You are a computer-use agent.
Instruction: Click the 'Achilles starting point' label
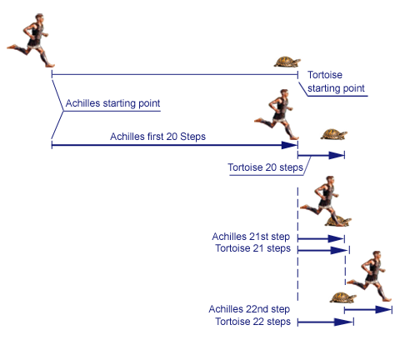click(112, 103)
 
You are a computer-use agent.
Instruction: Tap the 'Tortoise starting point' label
click(336, 82)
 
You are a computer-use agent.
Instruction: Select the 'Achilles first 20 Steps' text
click(157, 137)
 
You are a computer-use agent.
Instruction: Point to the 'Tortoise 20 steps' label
click(265, 167)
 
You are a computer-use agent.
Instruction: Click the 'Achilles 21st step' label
click(251, 237)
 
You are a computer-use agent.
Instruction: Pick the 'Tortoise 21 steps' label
click(252, 248)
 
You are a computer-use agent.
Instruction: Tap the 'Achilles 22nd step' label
click(249, 309)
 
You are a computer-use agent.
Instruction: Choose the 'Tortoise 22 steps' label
click(252, 322)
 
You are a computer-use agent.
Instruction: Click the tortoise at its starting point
click(287, 62)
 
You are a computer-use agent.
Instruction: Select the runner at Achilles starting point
click(31, 40)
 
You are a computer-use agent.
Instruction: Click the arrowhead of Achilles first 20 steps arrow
click(289, 145)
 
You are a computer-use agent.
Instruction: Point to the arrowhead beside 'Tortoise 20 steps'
click(337, 155)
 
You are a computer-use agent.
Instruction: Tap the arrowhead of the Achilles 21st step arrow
click(336, 238)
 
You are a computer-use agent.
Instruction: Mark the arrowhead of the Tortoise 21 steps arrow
click(339, 250)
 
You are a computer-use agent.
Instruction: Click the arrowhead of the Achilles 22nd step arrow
click(383, 309)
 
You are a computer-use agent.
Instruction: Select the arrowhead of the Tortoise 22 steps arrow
click(343, 322)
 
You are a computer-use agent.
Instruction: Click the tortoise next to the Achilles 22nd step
click(343, 297)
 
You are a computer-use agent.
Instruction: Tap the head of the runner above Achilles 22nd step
click(377, 255)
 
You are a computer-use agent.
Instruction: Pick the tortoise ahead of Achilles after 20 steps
click(334, 134)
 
